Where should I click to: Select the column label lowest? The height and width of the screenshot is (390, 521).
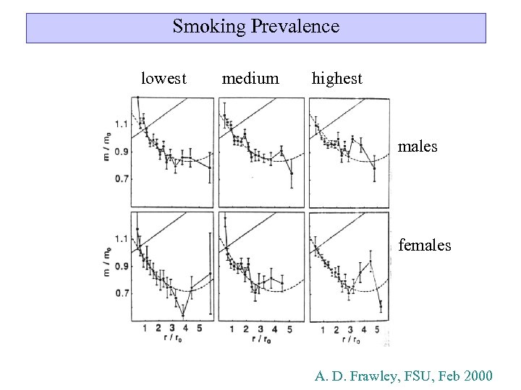pyautogui.click(x=164, y=79)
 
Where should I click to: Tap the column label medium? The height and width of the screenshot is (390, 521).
pyautogui.click(x=250, y=79)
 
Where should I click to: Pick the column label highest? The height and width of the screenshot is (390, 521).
pyautogui.click(x=336, y=79)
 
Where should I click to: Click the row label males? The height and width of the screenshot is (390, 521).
pyautogui.click(x=418, y=147)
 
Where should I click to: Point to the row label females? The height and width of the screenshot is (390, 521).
pyautogui.click(x=425, y=246)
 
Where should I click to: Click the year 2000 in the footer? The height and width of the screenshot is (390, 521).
pyautogui.click(x=474, y=376)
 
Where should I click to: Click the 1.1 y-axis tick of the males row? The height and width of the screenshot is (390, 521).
pyautogui.click(x=121, y=124)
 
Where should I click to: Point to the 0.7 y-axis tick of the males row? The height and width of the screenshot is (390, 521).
pyautogui.click(x=121, y=178)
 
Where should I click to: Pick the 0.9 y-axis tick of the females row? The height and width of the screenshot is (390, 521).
pyautogui.click(x=121, y=266)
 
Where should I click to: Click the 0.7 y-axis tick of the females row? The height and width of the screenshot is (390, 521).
pyautogui.click(x=121, y=293)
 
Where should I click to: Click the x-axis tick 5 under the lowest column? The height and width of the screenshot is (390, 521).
pyautogui.click(x=198, y=329)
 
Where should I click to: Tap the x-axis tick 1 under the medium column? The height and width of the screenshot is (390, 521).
pyautogui.click(x=232, y=329)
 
